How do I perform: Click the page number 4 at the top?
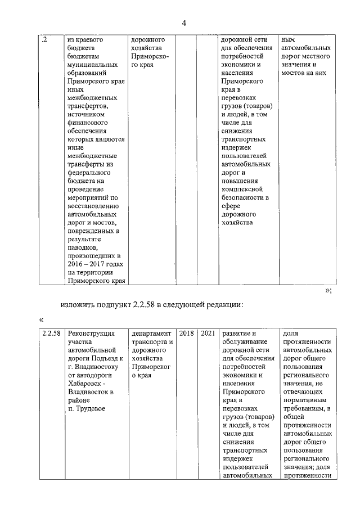183,22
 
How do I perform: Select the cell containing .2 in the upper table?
45,40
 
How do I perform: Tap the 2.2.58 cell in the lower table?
51,334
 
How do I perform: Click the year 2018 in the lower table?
186,334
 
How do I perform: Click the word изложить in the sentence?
78,305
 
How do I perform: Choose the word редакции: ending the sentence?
223,305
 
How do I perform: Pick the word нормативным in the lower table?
305,400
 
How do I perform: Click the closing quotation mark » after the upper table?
328,290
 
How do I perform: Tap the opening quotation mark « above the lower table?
42,319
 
